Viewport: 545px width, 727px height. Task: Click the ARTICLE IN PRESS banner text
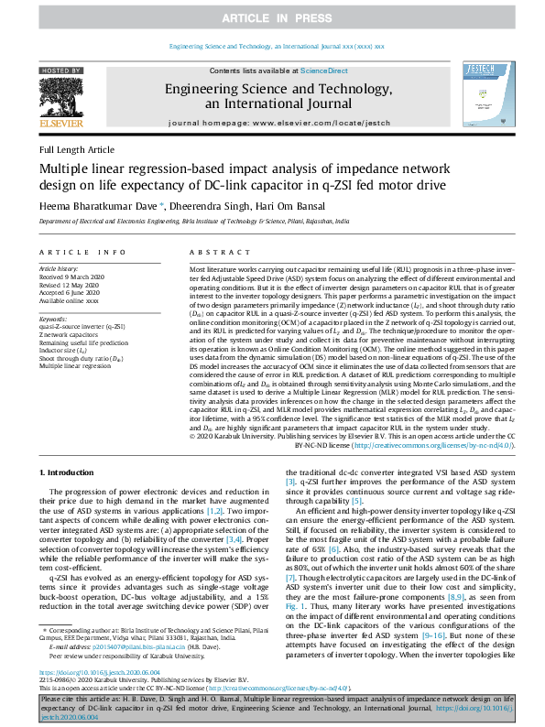[x=272, y=16]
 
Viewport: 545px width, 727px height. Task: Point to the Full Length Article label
[x=77, y=149]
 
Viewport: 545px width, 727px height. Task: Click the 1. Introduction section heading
[x=71, y=471]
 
